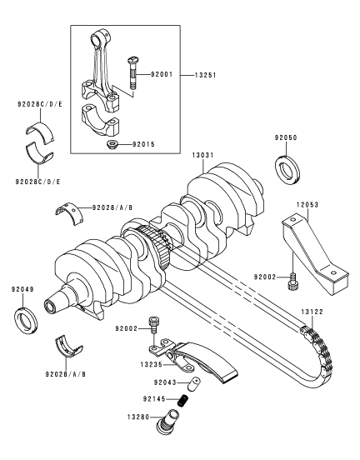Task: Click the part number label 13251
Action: tap(205, 75)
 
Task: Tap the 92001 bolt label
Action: tap(162, 74)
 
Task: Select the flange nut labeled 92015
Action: tap(112, 145)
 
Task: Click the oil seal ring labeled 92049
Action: tap(26, 321)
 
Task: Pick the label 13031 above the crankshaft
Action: tap(203, 155)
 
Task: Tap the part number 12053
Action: tap(307, 204)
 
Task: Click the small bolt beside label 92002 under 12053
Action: tap(292, 282)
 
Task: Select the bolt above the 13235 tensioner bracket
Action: tap(153, 325)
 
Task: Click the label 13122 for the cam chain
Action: tap(312, 312)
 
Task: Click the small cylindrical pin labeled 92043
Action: tap(194, 384)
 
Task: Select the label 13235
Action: tap(151, 365)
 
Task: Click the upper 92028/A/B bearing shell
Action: tap(69, 213)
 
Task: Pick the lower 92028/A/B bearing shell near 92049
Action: tap(69, 346)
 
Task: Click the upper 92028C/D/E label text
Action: tap(40, 104)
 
